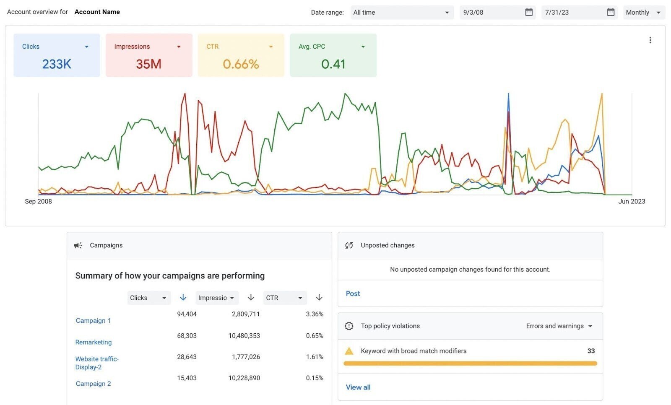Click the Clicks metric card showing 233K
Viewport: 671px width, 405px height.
57,55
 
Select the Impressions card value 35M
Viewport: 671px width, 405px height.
148,64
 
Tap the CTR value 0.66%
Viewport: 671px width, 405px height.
241,64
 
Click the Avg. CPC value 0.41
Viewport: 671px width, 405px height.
333,64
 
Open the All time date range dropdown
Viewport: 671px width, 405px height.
401,13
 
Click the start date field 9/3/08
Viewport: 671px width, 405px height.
491,13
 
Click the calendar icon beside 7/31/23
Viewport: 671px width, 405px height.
611,12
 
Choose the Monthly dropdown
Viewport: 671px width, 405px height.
643,13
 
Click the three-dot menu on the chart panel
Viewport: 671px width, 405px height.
650,40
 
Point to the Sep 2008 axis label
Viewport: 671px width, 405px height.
38,201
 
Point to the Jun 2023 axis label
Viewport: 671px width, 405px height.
631,201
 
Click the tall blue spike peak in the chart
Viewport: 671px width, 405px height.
508,95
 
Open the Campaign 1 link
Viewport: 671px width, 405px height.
93,320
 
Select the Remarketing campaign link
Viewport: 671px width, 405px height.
94,342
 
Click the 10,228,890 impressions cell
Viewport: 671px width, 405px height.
244,378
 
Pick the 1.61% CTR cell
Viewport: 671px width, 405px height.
315,357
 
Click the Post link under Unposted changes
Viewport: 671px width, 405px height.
353,293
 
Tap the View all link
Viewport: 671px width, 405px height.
358,387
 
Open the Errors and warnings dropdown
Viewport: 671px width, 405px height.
559,326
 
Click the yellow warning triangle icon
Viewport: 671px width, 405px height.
349,351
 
